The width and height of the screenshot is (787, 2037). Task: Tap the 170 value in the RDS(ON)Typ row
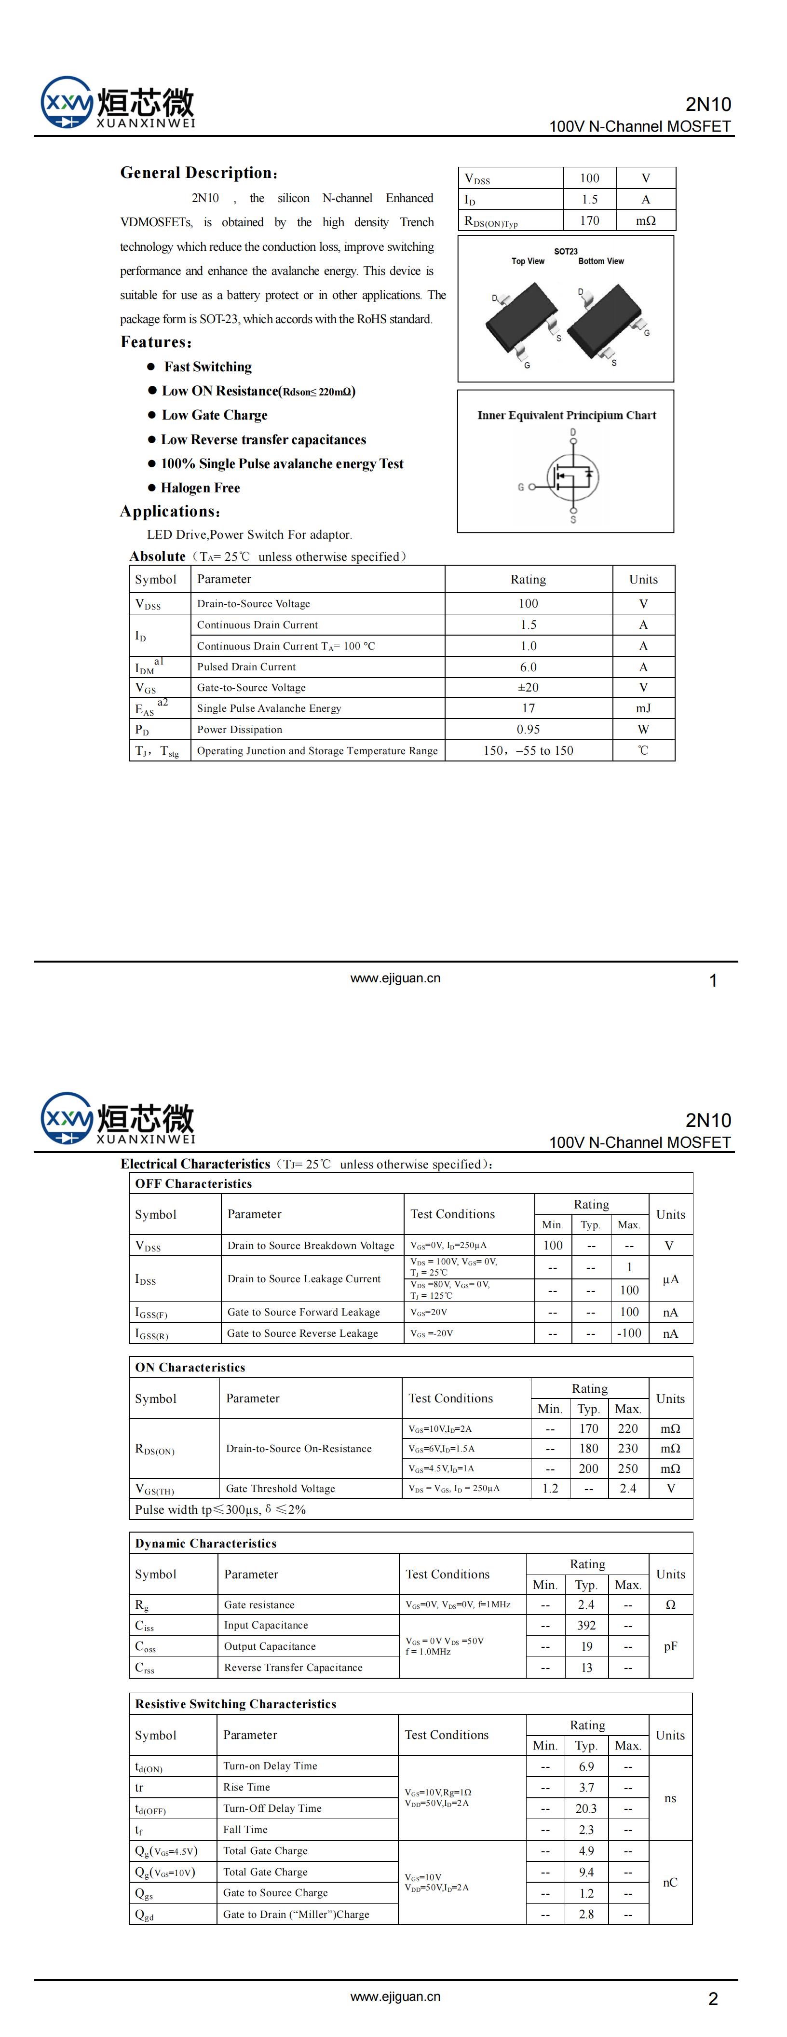click(589, 220)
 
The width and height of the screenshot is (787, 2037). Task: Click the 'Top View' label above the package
click(528, 261)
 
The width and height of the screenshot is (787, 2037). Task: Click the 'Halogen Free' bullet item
click(200, 488)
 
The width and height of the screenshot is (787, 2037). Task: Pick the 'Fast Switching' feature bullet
click(207, 367)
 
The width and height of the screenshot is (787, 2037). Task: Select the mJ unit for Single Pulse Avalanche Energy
click(643, 708)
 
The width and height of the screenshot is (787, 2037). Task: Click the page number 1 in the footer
click(713, 980)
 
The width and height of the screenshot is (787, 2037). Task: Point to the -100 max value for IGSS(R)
click(629, 1333)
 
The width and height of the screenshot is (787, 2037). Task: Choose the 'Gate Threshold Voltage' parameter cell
click(280, 1488)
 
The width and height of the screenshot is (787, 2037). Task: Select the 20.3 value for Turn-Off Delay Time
click(586, 1808)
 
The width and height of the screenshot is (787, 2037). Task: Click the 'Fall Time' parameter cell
click(245, 1829)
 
